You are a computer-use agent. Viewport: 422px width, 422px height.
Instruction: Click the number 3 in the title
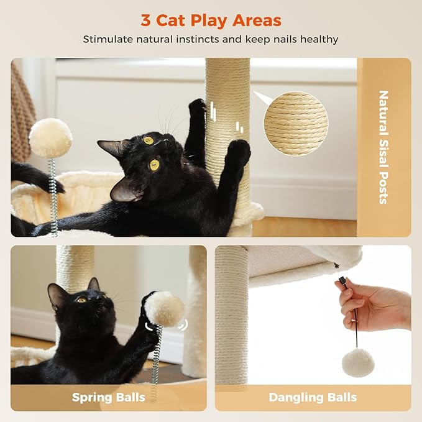146,20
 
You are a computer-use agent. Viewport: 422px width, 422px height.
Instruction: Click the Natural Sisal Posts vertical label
383,147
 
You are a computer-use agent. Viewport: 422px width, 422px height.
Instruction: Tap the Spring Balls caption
108,397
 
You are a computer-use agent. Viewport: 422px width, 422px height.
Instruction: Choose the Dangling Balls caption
313,397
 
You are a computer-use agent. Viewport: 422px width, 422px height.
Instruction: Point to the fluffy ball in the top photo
50,138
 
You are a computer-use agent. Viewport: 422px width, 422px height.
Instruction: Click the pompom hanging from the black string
359,362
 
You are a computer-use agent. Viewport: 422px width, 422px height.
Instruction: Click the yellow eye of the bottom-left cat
81,300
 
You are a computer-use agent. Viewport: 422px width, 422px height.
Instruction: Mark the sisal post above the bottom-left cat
75,267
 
